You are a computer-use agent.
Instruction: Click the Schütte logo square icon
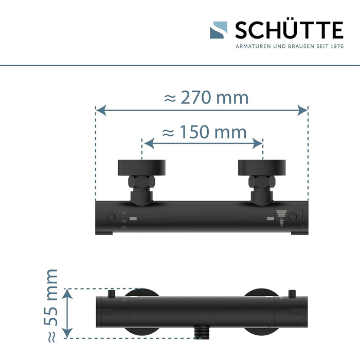pyautogui.click(x=219, y=30)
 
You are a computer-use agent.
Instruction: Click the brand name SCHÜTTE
pyautogui.click(x=289, y=30)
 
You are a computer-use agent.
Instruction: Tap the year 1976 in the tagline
pyautogui.click(x=337, y=46)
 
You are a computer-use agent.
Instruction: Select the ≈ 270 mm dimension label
pyautogui.click(x=206, y=98)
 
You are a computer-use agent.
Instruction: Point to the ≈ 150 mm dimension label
pyautogui.click(x=204, y=132)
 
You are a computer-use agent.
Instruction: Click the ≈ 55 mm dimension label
pyautogui.click(x=51, y=306)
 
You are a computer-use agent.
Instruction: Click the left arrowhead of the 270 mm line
pyautogui.click(x=101, y=111)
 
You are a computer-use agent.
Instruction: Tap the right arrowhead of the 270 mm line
pyautogui.click(x=302, y=111)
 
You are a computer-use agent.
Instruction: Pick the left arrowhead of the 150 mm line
pyautogui.click(x=149, y=143)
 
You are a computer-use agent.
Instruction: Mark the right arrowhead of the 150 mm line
pyautogui.click(x=257, y=143)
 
